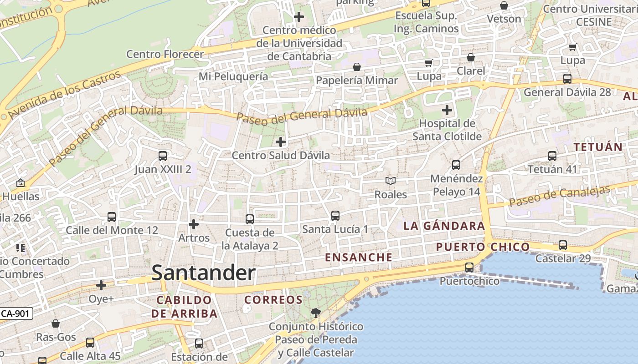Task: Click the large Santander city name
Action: pos(203,273)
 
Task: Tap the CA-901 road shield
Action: pos(16,313)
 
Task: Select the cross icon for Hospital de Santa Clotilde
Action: pos(447,110)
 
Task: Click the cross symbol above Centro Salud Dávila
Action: pos(281,142)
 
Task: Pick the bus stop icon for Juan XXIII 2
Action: pos(163,156)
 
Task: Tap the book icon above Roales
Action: pos(391,181)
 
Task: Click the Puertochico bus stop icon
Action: pos(469,268)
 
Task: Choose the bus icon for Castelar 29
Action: pos(563,245)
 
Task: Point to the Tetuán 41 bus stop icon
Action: pos(552,156)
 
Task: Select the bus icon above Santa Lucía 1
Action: pos(335,215)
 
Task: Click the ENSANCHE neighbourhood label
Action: pos(358,257)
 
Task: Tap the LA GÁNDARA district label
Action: pos(444,226)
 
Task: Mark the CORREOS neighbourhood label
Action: pos(273,300)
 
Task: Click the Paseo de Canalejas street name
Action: pos(559,196)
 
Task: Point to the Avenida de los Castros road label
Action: pos(64,94)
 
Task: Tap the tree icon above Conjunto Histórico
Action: pos(315,313)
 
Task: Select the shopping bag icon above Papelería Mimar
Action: pos(357,67)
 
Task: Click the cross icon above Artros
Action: pos(194,224)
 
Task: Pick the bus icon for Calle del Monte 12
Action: pos(112,217)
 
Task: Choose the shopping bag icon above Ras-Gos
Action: pos(56,324)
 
